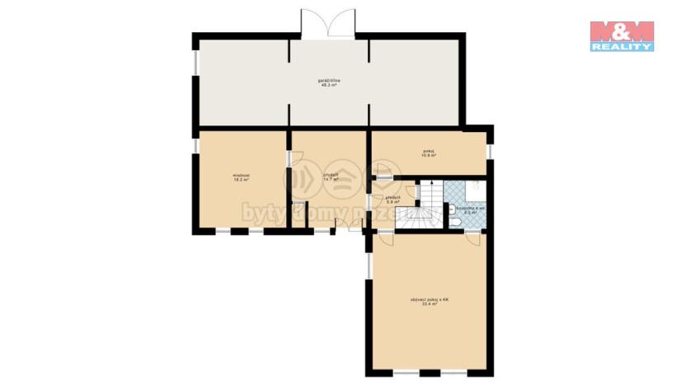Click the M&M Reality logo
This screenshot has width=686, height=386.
622,35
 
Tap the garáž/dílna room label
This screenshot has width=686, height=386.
330,82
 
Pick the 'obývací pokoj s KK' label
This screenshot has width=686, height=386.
428,302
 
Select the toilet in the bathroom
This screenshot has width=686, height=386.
455,222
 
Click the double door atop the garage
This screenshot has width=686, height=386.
329,24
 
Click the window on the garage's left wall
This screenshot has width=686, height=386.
195,61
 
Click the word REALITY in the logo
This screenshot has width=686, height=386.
622,47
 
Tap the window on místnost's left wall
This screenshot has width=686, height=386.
195,145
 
